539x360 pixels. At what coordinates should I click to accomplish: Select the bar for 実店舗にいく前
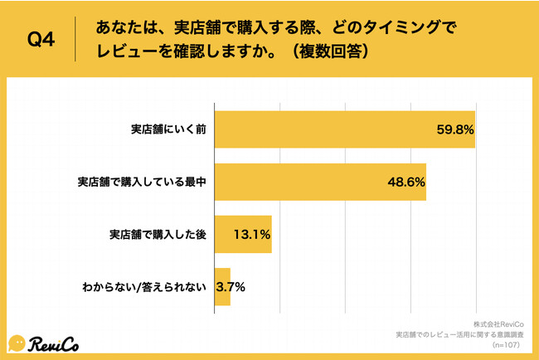[x=344, y=129]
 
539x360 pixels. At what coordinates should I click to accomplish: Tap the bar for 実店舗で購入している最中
[x=320, y=182]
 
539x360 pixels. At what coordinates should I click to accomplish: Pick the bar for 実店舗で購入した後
[x=243, y=234]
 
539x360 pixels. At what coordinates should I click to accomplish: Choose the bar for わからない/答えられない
[x=222, y=287]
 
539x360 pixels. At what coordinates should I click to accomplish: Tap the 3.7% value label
[x=231, y=287]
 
